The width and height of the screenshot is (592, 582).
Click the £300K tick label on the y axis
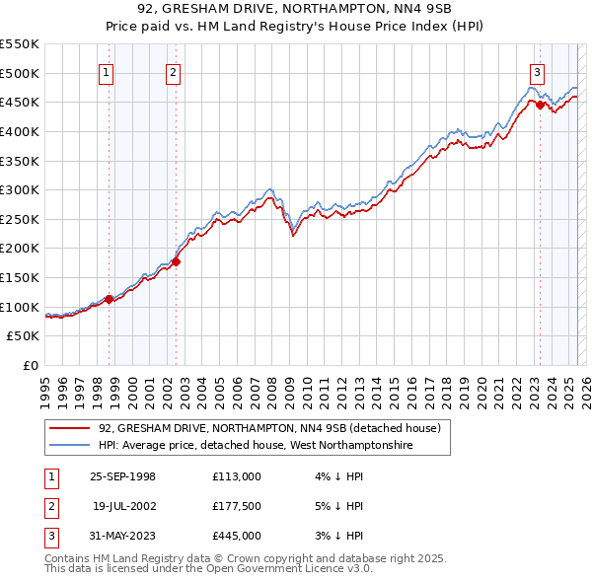20,189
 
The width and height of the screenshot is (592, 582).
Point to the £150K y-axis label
20,277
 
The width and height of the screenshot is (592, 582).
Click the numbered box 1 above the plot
106,71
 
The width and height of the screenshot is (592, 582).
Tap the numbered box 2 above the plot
173,71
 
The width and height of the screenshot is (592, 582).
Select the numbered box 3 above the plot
538,71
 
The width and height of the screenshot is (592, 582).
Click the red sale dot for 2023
540,105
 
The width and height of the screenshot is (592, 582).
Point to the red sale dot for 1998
110,299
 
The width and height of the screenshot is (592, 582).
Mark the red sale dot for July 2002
176,261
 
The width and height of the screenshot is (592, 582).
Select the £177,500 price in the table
236,506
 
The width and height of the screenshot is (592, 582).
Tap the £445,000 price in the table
236,536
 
